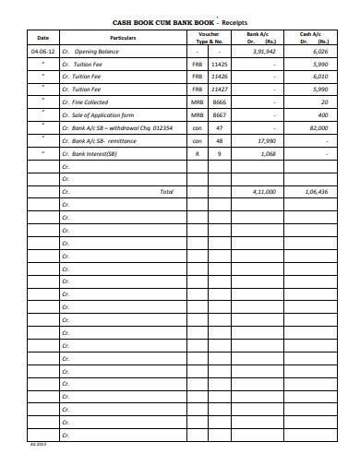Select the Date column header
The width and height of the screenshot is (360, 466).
42,38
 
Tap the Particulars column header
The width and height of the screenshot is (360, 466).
123,38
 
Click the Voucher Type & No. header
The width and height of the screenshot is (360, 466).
209,38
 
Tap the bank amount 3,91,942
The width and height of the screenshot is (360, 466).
264,53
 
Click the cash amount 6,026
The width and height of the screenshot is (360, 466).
319,53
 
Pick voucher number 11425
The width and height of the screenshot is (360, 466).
219,66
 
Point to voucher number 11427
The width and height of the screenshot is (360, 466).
219,90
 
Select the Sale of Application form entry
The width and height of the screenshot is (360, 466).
102,115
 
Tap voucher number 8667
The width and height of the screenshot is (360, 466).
219,115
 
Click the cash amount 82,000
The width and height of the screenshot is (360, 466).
318,128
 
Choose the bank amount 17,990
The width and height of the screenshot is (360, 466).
266,140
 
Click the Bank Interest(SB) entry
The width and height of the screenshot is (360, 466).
95,153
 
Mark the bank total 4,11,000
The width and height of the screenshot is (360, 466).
265,191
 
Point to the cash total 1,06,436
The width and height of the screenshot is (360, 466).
316,191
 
